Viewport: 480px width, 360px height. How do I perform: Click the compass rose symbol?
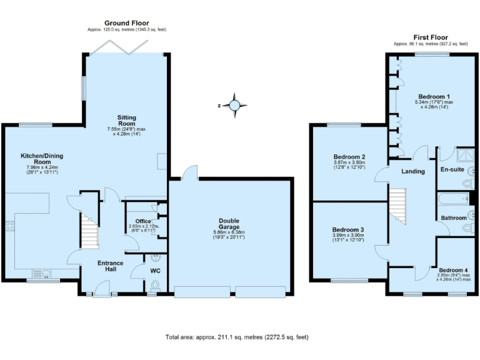tap(234, 106)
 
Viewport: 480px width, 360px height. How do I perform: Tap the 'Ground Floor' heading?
tap(126, 23)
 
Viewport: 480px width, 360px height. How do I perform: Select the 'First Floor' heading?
tap(431, 37)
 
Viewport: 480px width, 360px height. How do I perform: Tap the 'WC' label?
tap(155, 271)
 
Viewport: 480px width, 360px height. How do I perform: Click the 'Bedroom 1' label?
tap(434, 97)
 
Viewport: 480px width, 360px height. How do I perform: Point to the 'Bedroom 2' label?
tap(349, 157)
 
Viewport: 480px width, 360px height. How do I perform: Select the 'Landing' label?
tap(412, 171)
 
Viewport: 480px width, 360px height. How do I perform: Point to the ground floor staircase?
tap(89, 229)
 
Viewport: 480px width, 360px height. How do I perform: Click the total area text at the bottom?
tap(237, 337)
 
